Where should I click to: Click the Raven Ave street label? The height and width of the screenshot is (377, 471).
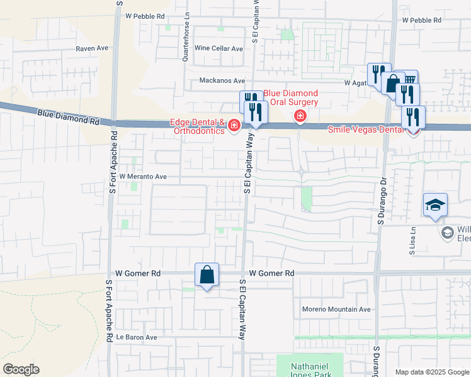click(x=93, y=48)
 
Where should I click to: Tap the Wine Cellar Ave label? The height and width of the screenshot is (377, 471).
click(x=218, y=48)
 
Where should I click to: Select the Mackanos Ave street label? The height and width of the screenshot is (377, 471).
click(x=222, y=80)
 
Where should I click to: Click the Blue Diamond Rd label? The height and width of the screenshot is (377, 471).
click(x=69, y=116)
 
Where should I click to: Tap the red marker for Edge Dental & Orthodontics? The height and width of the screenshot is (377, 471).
click(x=234, y=126)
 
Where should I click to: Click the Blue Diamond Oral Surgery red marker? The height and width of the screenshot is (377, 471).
click(x=300, y=116)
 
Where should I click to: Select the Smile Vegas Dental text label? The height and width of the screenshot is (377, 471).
click(x=366, y=129)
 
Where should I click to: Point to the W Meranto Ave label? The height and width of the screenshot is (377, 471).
click(x=143, y=177)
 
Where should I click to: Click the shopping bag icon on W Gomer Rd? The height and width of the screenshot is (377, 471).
click(x=207, y=275)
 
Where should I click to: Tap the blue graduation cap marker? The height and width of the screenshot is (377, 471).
click(x=435, y=205)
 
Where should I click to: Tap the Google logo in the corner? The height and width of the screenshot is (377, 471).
click(x=21, y=369)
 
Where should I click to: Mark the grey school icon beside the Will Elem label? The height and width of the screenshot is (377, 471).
click(x=447, y=232)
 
